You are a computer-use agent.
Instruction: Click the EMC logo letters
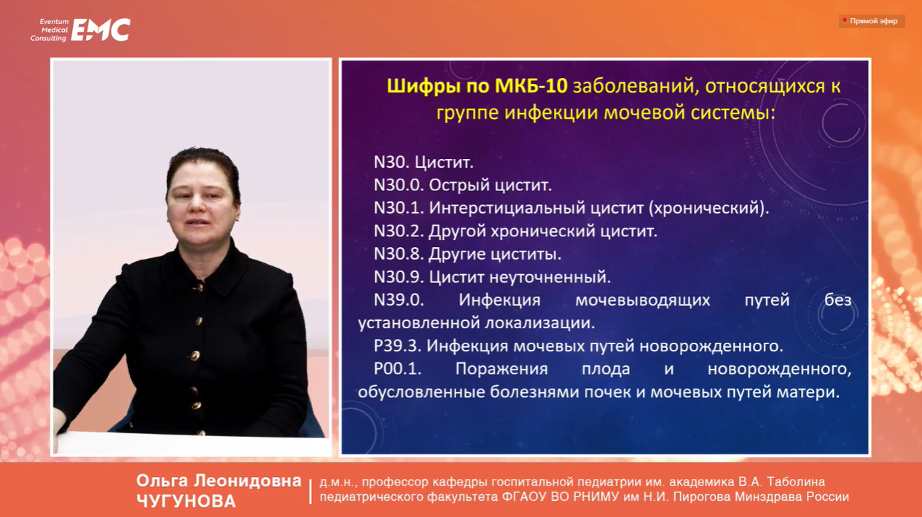point(101,30)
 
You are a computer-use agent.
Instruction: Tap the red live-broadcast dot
point(844,20)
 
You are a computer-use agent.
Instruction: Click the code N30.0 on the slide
point(399,185)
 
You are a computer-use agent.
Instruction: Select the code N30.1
point(399,208)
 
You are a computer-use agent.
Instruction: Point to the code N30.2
point(399,230)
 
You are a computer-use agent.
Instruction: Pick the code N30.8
point(399,254)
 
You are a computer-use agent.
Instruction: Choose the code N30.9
point(399,277)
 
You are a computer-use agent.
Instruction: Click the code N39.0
point(399,300)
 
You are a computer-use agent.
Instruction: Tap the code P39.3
point(397,346)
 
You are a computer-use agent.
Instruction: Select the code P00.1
point(397,369)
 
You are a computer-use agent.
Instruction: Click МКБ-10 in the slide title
point(531,86)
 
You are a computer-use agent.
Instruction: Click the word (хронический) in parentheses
point(708,208)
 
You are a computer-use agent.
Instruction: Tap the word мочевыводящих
point(643,300)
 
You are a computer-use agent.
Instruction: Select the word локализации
point(539,323)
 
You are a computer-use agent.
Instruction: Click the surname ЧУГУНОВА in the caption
point(186,501)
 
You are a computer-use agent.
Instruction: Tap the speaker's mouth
point(198,222)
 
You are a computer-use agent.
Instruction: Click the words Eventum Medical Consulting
point(50,30)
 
